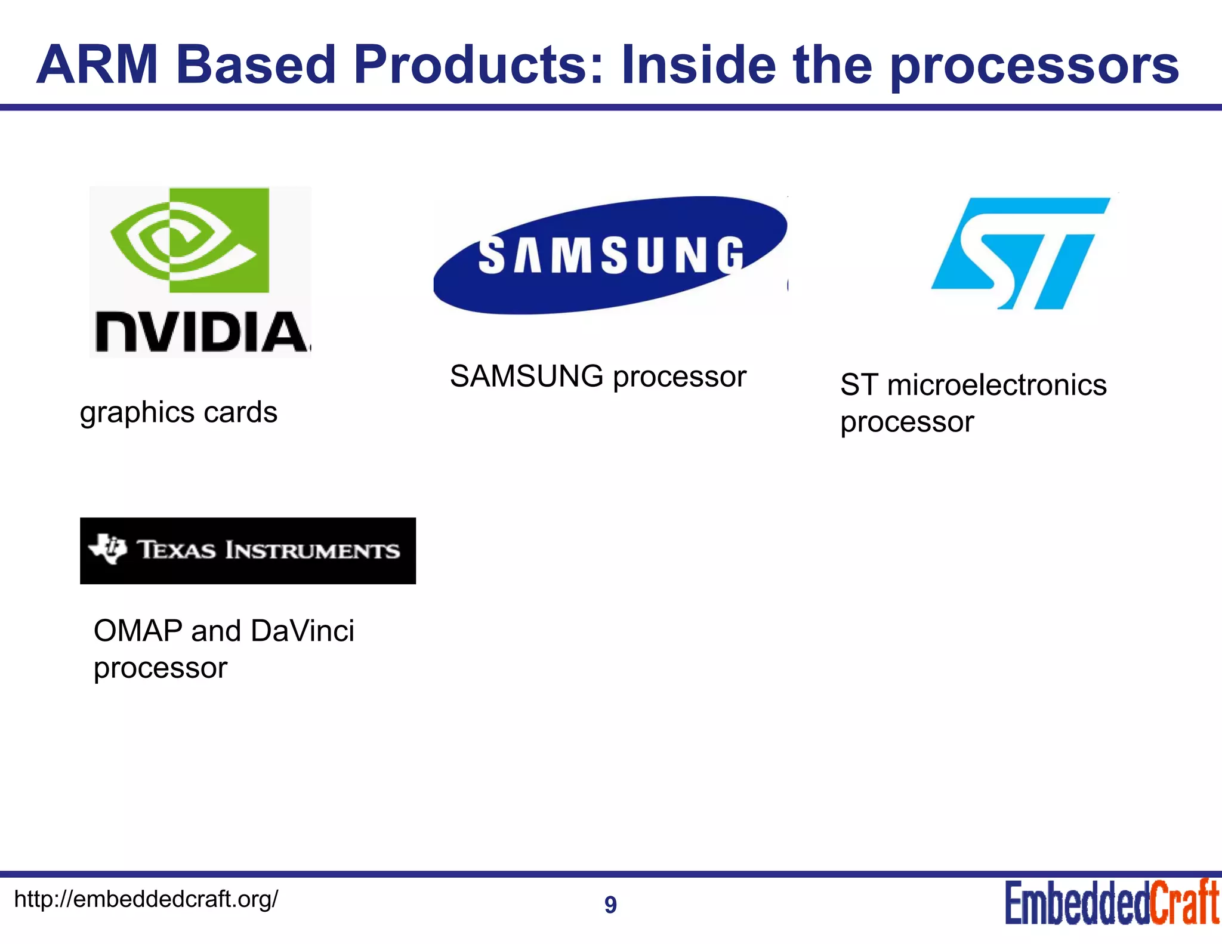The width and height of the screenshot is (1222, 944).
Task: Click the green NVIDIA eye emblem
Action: click(x=190, y=240)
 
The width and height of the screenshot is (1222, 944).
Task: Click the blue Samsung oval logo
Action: click(x=610, y=255)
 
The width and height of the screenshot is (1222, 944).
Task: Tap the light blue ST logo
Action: click(x=1020, y=253)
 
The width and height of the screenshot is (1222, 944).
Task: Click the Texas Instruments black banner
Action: click(x=248, y=550)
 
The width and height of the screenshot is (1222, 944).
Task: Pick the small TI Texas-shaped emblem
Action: click(x=109, y=548)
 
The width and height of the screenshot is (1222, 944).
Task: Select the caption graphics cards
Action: click(x=178, y=412)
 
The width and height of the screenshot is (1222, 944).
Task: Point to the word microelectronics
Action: click(x=996, y=385)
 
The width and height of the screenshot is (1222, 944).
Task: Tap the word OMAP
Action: click(x=138, y=631)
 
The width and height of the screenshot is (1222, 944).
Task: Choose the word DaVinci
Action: click(x=303, y=631)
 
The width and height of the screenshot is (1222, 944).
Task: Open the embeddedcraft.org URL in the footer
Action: click(x=146, y=899)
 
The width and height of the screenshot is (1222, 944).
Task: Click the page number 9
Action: click(x=610, y=905)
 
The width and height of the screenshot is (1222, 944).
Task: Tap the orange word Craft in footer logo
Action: click(x=1184, y=903)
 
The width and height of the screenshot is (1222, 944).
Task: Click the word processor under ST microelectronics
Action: click(x=907, y=422)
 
